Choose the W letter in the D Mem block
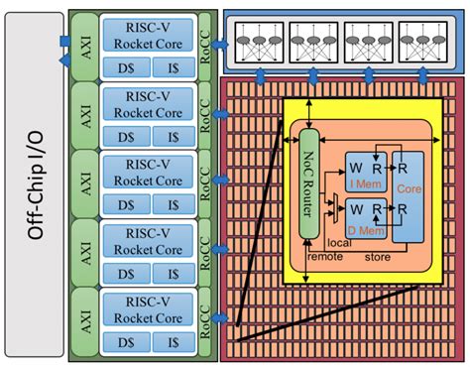[x=354, y=209]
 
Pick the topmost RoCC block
[x=205, y=46]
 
